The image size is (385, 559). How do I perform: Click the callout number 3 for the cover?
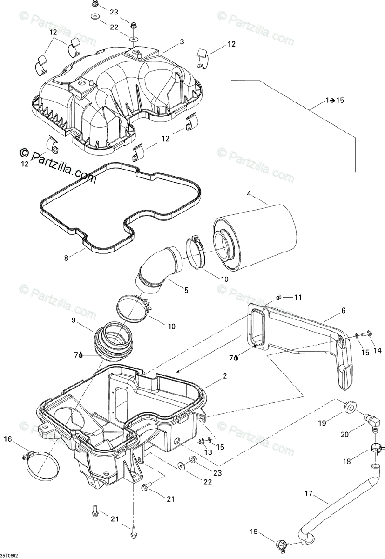tap(182, 42)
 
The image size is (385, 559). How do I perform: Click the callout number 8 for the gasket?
tap(66, 257)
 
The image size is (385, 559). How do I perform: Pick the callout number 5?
tap(186, 290)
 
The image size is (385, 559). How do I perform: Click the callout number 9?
tap(73, 320)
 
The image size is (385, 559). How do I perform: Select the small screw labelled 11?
tap(278, 297)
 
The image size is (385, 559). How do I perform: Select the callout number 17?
tap(308, 492)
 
